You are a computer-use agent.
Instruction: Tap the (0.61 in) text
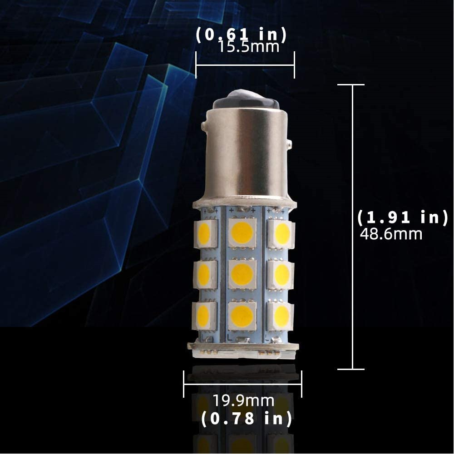point(241,35)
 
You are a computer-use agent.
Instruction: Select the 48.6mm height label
point(391,234)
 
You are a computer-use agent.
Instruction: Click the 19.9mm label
point(243,401)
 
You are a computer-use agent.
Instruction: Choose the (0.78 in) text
point(246,419)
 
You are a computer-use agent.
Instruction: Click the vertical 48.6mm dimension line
point(353,227)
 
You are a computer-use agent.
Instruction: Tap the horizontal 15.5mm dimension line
point(245,65)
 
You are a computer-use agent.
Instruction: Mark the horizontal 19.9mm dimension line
point(242,384)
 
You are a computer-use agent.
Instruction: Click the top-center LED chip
point(242,232)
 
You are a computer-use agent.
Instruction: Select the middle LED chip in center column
point(242,274)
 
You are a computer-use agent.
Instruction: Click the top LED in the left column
point(205,234)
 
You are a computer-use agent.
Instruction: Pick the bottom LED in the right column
point(281,316)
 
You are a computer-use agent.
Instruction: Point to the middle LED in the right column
point(281,275)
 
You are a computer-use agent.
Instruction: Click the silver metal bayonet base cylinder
point(247,154)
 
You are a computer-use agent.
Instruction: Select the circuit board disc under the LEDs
point(243,349)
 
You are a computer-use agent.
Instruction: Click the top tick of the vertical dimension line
point(351,84)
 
